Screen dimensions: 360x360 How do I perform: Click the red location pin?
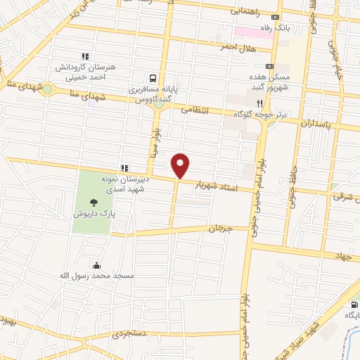coord(181,165)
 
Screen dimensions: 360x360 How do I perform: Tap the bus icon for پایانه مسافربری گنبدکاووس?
coord(153,78)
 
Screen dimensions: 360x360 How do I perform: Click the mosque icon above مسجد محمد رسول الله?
coord(96,265)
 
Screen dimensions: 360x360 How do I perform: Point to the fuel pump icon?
coord(353,304)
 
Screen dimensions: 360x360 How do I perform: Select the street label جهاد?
coord(342,257)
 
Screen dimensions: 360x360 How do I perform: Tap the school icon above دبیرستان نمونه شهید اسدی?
coord(124,168)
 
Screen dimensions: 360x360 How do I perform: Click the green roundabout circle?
coord(47,89)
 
